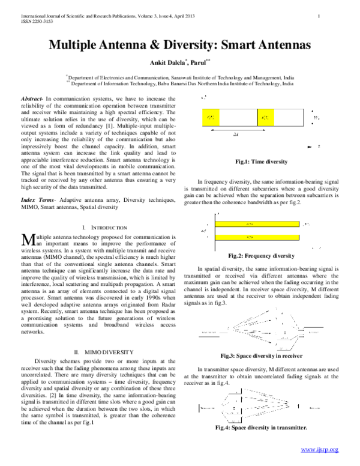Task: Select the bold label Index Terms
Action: pos(37,198)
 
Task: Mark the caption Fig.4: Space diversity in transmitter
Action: pos(262,428)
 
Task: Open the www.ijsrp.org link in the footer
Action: pos(319,450)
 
